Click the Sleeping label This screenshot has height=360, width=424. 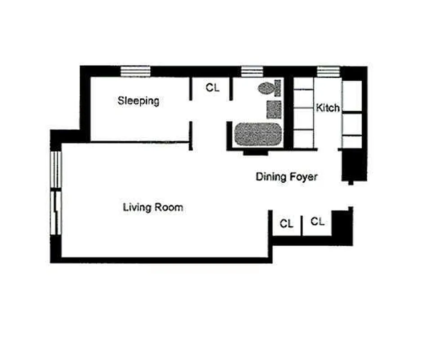tap(138, 100)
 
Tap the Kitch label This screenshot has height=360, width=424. tap(328, 108)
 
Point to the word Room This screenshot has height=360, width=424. tap(169, 207)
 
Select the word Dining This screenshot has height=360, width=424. tap(271, 177)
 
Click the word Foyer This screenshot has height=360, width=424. tap(303, 177)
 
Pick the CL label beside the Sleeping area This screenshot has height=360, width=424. tap(212, 88)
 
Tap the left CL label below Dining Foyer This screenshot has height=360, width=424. tap(286, 224)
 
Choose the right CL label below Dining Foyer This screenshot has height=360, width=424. tap(317, 221)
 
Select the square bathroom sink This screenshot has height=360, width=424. tap(274, 109)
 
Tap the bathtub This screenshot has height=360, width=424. tap(258, 135)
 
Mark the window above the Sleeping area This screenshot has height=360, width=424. tap(135, 71)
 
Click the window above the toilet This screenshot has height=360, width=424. tap(252, 71)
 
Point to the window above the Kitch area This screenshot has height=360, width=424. tap(328, 71)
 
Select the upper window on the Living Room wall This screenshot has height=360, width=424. tap(55, 170)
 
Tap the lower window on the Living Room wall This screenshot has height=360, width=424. tap(55, 212)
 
